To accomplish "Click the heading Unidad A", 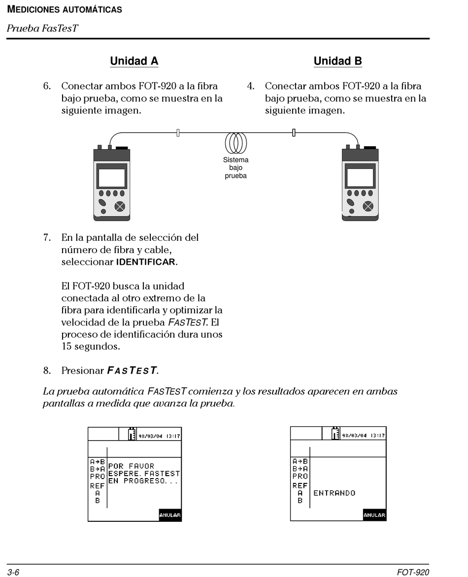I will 134,61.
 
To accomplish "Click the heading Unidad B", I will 337,61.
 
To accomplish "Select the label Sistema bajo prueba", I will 235,167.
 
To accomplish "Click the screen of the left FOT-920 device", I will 111,177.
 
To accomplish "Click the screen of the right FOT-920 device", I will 360,177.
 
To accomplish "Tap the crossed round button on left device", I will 120,206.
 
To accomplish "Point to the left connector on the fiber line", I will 178,132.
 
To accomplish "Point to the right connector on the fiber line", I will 294,132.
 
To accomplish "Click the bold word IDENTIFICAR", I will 145,262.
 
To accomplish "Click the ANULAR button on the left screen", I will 170,515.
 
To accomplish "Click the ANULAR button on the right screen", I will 374,515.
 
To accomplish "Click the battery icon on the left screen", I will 132,434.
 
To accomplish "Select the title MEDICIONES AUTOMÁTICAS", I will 65,9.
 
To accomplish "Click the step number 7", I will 47,237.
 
